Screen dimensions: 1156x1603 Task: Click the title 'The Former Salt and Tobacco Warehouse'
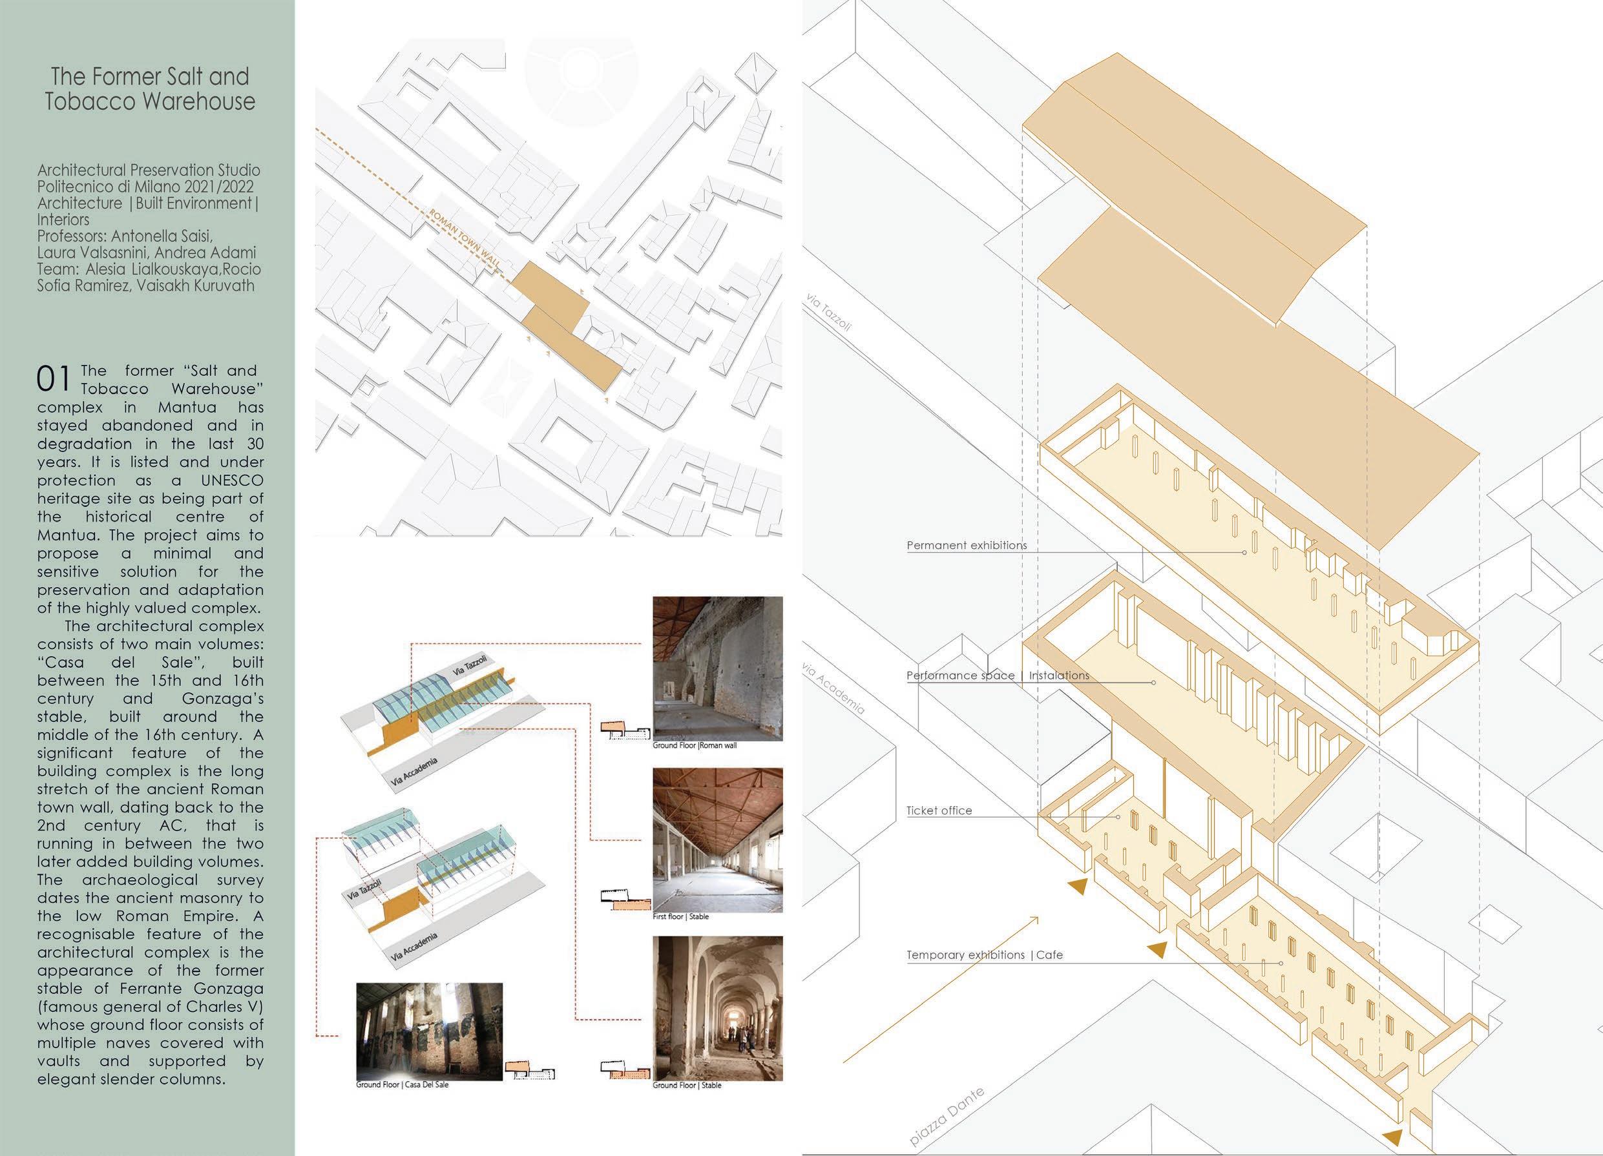pyautogui.click(x=150, y=89)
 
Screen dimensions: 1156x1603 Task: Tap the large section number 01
pyautogui.click(x=54, y=380)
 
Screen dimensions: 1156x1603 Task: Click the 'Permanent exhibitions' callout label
pyautogui.click(x=966, y=546)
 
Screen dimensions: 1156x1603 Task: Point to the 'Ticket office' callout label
pyautogui.click(x=939, y=810)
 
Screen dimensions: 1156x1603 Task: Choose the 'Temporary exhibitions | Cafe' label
pyautogui.click(x=985, y=955)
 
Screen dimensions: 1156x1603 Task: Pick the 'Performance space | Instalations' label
pyautogui.click(x=998, y=676)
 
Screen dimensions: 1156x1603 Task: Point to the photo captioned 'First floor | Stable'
pyautogui.click(x=717, y=840)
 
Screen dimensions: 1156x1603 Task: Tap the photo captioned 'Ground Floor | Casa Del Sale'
pyautogui.click(x=430, y=1031)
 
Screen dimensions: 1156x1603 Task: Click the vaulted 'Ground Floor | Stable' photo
pyautogui.click(x=717, y=1008)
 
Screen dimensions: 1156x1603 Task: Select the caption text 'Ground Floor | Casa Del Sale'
pyautogui.click(x=402, y=1084)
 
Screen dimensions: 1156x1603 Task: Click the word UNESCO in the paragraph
pyautogui.click(x=231, y=480)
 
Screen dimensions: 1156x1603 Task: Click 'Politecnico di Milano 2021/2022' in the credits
pyautogui.click(x=145, y=187)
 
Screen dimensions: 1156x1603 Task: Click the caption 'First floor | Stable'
pyautogui.click(x=680, y=916)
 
